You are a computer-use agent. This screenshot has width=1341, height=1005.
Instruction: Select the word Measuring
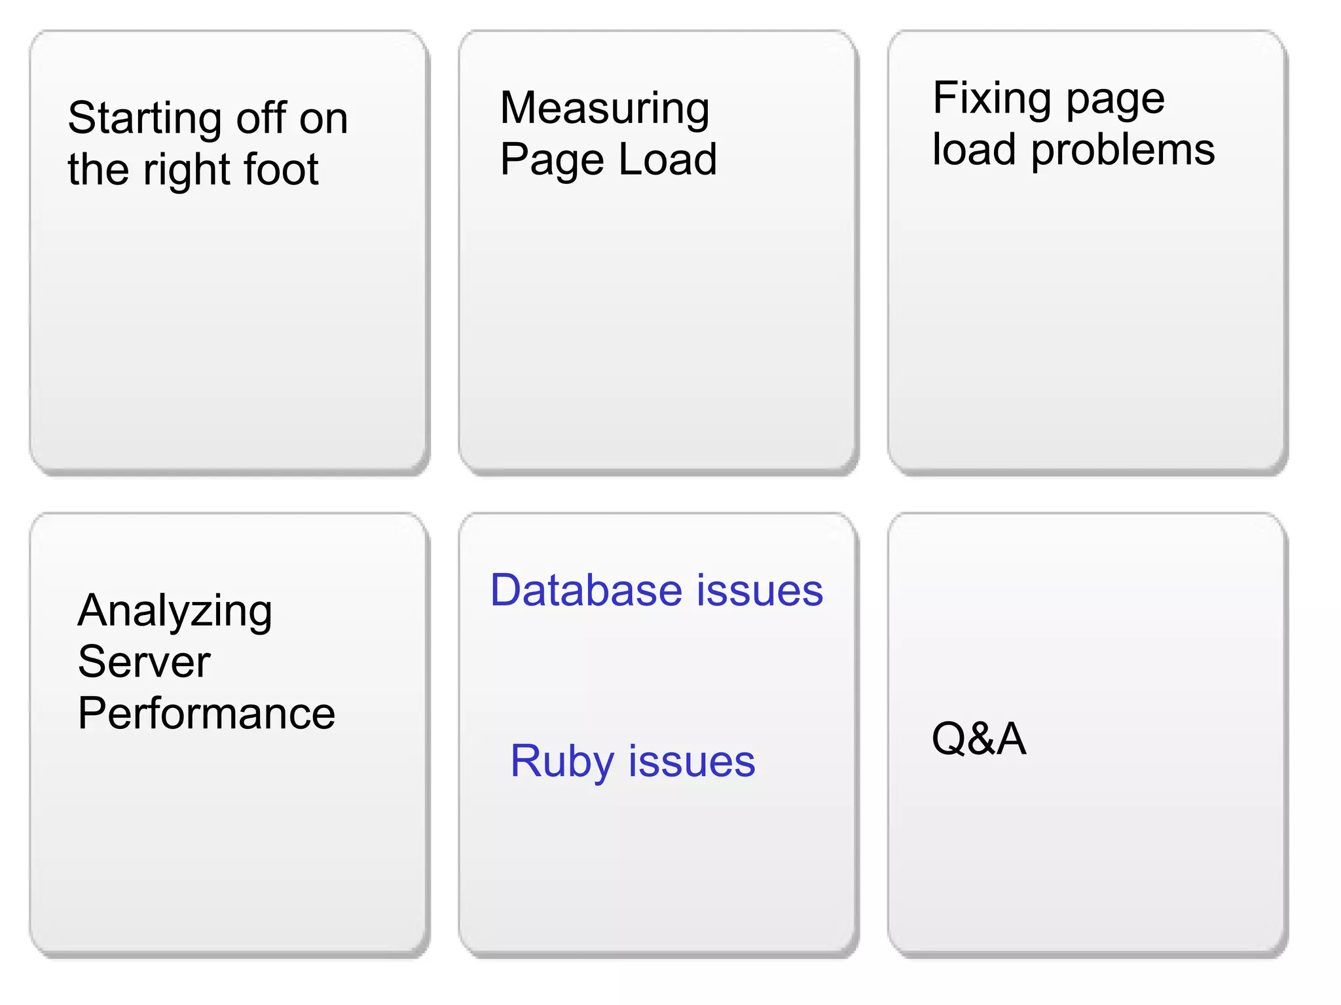tap(604, 109)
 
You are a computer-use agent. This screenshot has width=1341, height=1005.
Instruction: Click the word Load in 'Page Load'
tap(667, 160)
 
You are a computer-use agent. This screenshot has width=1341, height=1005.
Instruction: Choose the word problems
tap(1123, 150)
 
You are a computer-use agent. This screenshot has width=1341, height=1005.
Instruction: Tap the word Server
tap(144, 662)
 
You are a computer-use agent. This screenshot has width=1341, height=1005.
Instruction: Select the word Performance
tap(206, 713)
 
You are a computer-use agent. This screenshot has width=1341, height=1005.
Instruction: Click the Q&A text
tap(979, 739)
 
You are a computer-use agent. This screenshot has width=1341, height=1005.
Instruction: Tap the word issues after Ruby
tap(691, 762)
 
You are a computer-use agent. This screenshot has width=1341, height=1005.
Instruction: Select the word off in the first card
tap(261, 119)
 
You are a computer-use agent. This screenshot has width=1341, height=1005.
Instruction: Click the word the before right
tap(98, 169)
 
